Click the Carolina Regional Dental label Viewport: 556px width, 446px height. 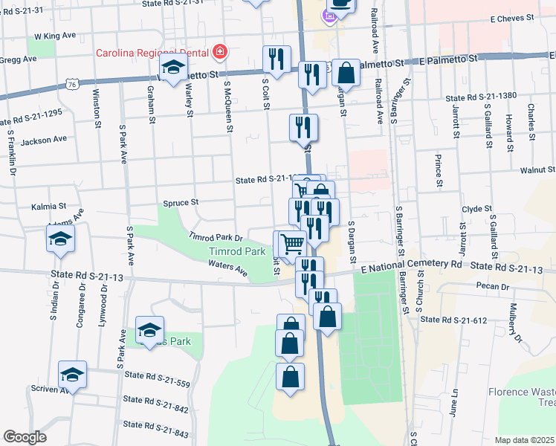[x=152, y=53]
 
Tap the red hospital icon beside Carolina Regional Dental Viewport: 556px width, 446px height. [x=219, y=52]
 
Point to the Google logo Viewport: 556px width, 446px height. [x=25, y=437]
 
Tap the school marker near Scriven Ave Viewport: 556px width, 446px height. [x=73, y=375]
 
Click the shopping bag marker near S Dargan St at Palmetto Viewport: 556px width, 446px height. [x=346, y=74]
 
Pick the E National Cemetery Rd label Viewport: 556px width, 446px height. [x=412, y=265]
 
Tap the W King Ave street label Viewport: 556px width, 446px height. [x=55, y=35]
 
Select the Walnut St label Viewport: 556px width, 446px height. [x=537, y=170]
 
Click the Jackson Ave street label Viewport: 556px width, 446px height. [x=44, y=139]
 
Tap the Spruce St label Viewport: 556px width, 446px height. [x=181, y=202]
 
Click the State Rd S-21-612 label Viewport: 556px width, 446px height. [x=453, y=320]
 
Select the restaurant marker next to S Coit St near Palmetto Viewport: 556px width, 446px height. [x=277, y=60]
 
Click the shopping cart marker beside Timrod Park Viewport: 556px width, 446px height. [x=292, y=244]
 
